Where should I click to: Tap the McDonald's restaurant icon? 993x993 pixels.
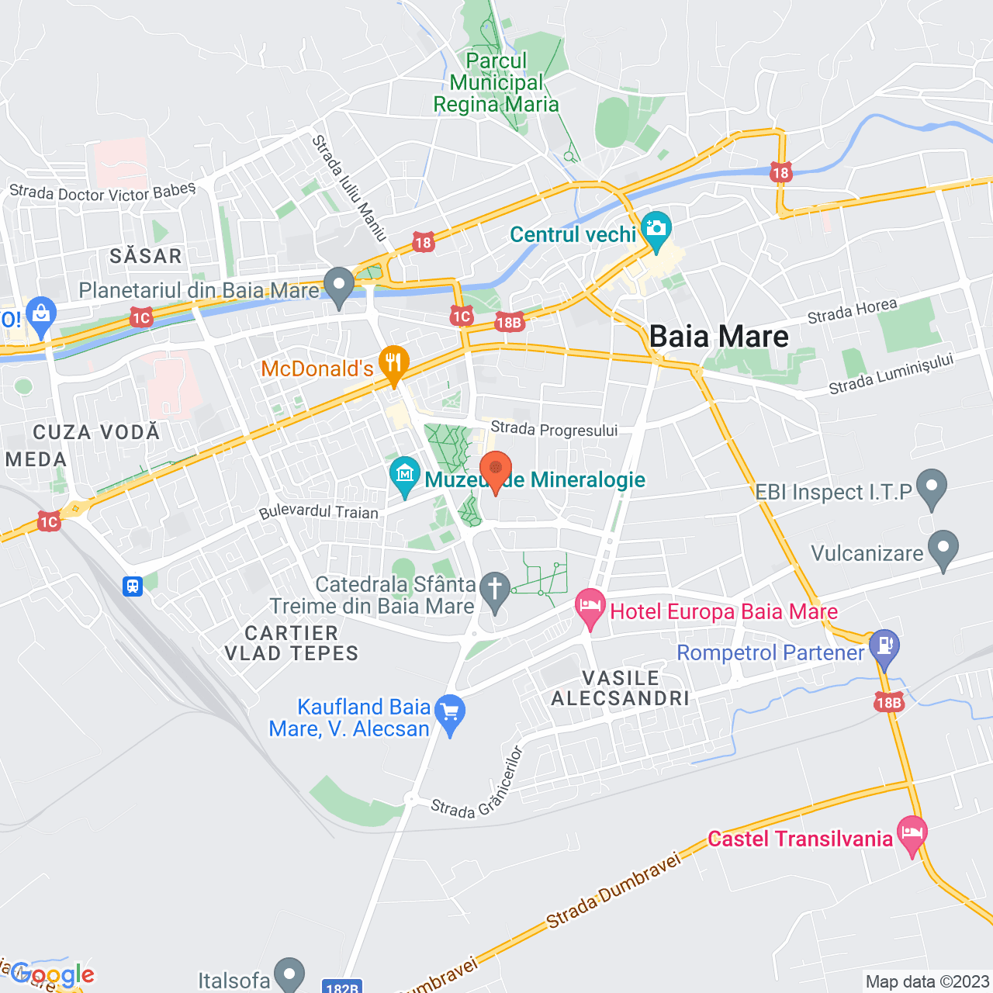tap(393, 364)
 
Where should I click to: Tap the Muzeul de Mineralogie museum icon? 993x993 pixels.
tap(404, 475)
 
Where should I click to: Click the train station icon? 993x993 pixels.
tap(133, 586)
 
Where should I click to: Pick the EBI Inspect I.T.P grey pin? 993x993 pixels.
tap(932, 487)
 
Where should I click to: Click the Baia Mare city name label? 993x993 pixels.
tap(718, 337)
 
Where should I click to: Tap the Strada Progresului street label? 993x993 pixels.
tap(554, 429)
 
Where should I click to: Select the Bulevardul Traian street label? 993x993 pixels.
tap(319, 511)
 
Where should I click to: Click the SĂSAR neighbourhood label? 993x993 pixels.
tap(146, 256)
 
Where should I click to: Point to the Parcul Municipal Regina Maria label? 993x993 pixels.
tap(496, 83)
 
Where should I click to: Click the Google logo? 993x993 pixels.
tap(53, 974)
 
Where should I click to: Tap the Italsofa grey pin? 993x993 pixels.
tap(290, 974)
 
